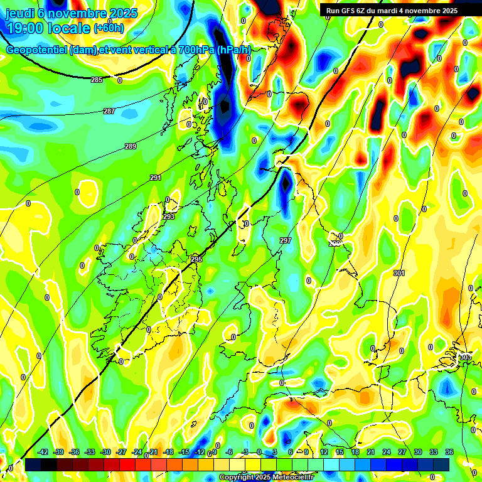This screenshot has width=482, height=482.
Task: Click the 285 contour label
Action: [x=97, y=80]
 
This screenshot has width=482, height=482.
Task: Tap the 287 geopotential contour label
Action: [x=109, y=111]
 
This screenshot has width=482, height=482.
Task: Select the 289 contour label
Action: [x=131, y=146]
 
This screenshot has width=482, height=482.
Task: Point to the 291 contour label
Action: [x=156, y=178]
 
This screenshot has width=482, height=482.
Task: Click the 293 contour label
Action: [x=169, y=217]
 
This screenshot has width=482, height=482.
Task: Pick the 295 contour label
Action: [x=197, y=259]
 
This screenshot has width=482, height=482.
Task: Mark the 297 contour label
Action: [x=286, y=241]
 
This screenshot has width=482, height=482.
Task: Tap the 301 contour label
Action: [x=399, y=273]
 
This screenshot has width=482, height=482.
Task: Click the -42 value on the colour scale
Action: [x=43, y=452]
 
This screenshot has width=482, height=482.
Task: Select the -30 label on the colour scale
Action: [x=105, y=452]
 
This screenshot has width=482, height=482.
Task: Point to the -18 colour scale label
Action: [x=168, y=452]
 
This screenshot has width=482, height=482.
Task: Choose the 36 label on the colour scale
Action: [x=449, y=452]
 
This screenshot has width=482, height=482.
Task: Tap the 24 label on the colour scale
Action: [x=387, y=452]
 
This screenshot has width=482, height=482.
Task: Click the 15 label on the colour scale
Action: [x=340, y=452]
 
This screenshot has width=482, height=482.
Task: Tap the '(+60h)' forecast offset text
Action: [x=109, y=28]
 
